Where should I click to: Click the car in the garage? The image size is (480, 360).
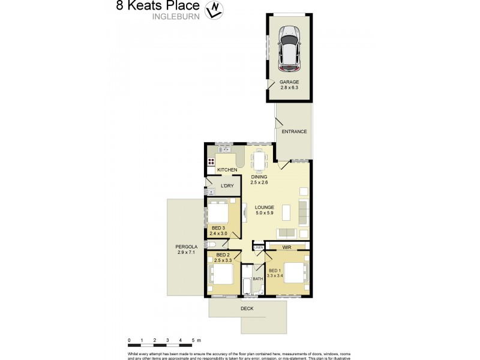290,47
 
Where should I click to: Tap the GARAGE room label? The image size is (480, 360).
289,82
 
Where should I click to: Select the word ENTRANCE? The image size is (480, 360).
294,132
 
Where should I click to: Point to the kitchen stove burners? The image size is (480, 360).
211,161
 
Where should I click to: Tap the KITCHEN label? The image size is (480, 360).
227,170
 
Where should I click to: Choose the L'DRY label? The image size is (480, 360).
227,186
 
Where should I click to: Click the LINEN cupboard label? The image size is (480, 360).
259,247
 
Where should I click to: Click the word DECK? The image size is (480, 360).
247,308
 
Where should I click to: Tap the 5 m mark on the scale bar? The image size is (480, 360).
194,340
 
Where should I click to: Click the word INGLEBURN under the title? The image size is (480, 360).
175,17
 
